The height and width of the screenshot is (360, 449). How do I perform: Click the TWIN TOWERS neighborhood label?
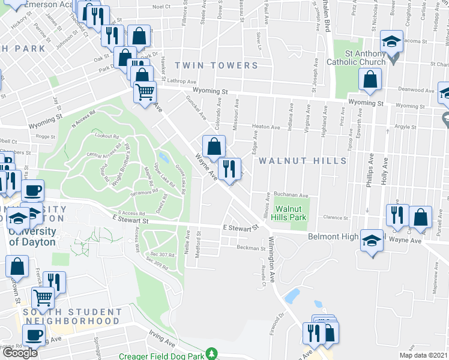pyautogui.click(x=217, y=65)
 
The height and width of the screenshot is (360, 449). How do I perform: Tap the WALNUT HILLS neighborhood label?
pyautogui.click(x=303, y=161)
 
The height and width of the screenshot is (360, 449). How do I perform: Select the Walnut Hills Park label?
pyautogui.click(x=291, y=213)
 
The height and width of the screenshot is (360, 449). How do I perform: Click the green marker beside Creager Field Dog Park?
pyautogui.click(x=211, y=354)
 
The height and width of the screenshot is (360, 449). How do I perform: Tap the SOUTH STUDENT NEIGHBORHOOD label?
pyautogui.click(x=72, y=316)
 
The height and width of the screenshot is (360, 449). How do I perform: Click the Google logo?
pyautogui.click(x=20, y=352)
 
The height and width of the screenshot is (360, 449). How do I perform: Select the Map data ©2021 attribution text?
pyautogui.click(x=424, y=356)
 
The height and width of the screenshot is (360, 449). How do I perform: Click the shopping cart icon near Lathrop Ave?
pyautogui.click(x=145, y=92)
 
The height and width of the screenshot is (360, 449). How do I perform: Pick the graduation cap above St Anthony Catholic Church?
pyautogui.click(x=392, y=41)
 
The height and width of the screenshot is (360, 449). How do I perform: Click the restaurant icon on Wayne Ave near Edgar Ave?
pyautogui.click(x=229, y=168)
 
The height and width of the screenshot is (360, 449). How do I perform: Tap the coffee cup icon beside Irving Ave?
pyautogui.click(x=34, y=334)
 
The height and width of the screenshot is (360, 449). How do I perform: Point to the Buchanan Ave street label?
pyautogui.click(x=291, y=195)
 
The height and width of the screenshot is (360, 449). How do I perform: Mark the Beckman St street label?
pyautogui.click(x=250, y=248)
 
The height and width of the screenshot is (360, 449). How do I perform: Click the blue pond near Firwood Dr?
pyautogui.click(x=293, y=296)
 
